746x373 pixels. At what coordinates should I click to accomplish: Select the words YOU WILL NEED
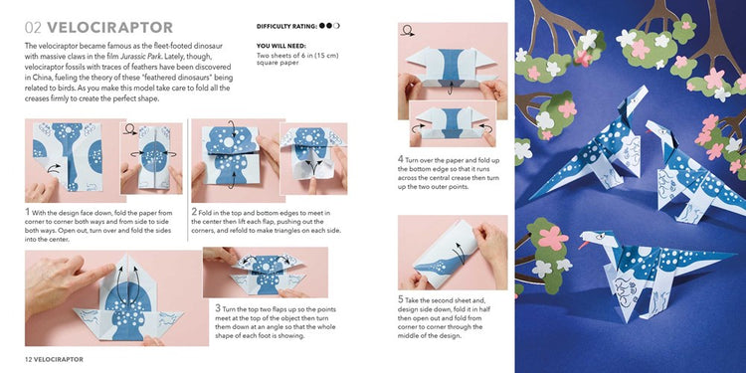click(281, 46)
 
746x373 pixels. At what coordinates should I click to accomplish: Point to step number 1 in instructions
click(28, 211)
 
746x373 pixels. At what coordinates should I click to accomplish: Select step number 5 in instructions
click(401, 297)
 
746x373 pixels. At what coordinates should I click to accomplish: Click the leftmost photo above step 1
click(68, 161)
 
